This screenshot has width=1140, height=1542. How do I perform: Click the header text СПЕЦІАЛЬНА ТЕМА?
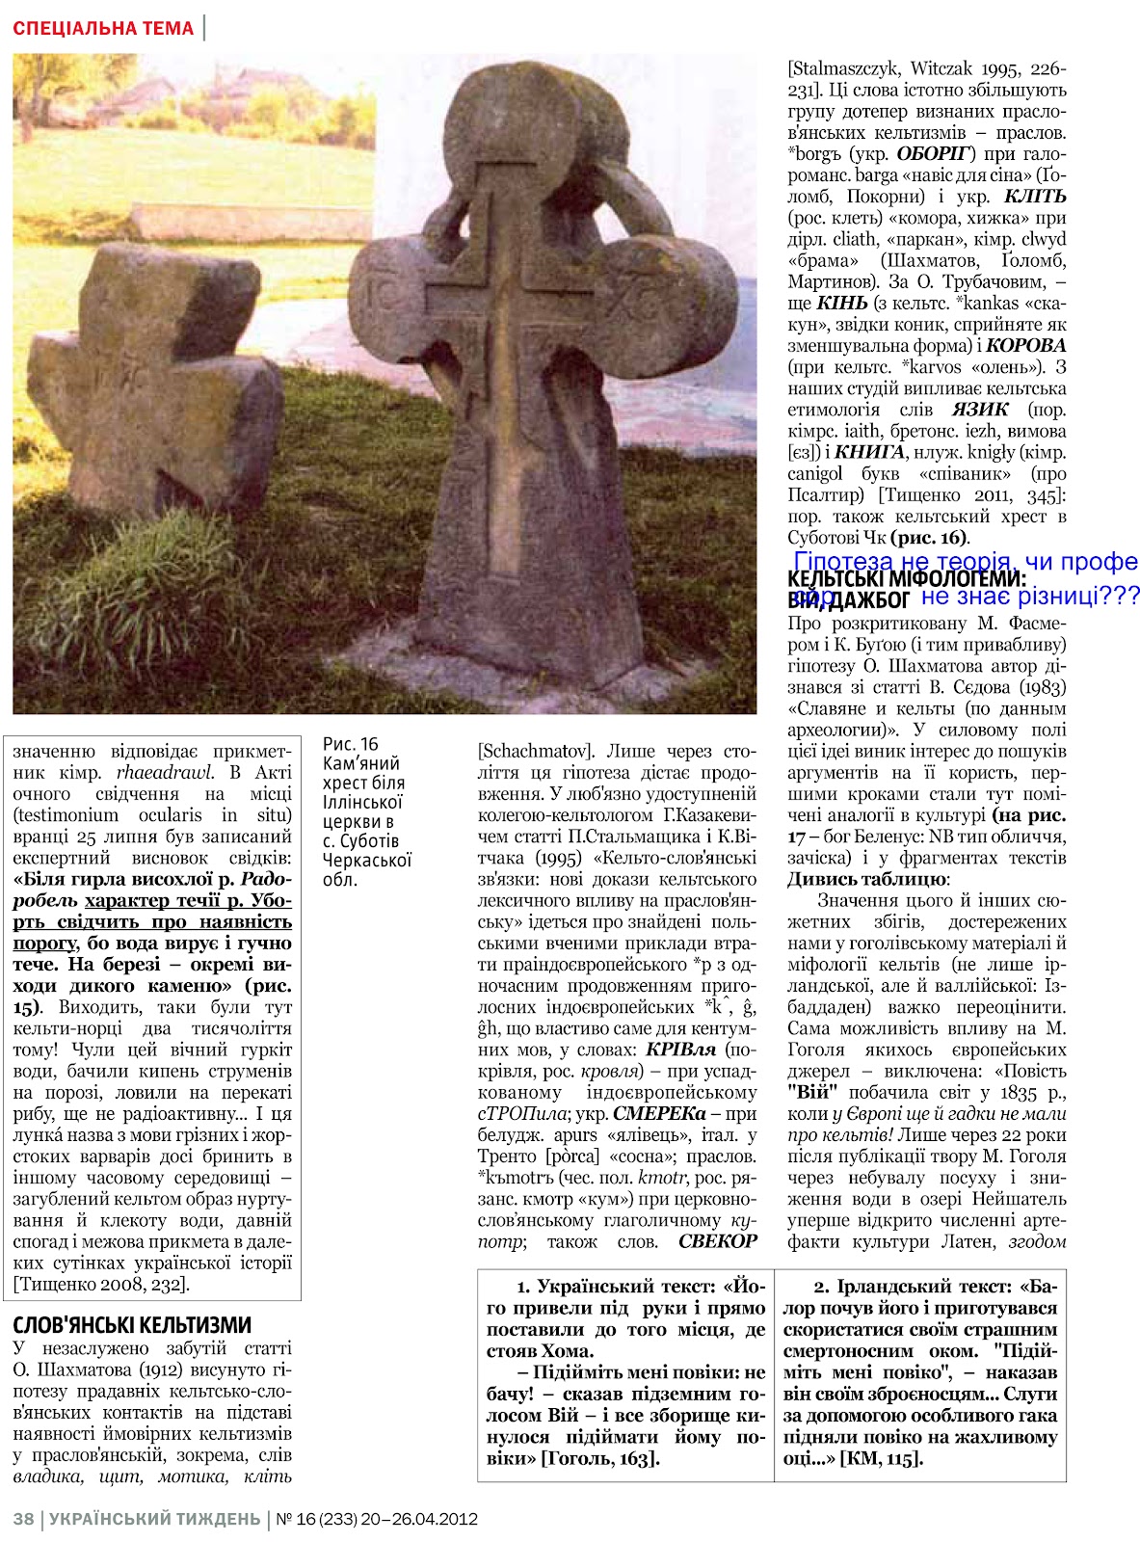pyautogui.click(x=103, y=28)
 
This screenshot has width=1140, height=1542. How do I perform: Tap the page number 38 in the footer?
pyautogui.click(x=23, y=1520)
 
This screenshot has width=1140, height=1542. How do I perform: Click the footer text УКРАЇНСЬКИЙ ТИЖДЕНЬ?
pyautogui.click(x=154, y=1520)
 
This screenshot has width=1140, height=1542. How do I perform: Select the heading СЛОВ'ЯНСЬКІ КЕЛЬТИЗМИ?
pyautogui.click(x=132, y=1324)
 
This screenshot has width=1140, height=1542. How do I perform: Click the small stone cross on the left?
pyautogui.click(x=154, y=376)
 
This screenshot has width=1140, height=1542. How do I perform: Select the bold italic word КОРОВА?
pyautogui.click(x=1026, y=345)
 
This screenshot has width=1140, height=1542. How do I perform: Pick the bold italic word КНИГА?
pyautogui.click(x=869, y=452)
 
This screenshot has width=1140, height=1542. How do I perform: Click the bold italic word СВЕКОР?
pyautogui.click(x=718, y=1241)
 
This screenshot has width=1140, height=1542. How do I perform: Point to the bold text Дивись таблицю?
pyautogui.click(x=866, y=879)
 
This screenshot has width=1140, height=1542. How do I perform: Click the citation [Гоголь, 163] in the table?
pyautogui.click(x=599, y=1458)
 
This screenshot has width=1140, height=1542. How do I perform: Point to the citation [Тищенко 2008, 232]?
pyautogui.click(x=101, y=1284)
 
